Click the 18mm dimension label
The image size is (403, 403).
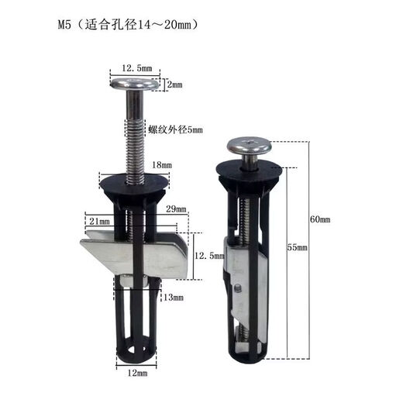[162, 165]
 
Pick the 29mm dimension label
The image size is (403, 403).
[177, 208]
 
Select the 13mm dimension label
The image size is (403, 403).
[173, 297]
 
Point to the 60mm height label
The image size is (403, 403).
[320, 220]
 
